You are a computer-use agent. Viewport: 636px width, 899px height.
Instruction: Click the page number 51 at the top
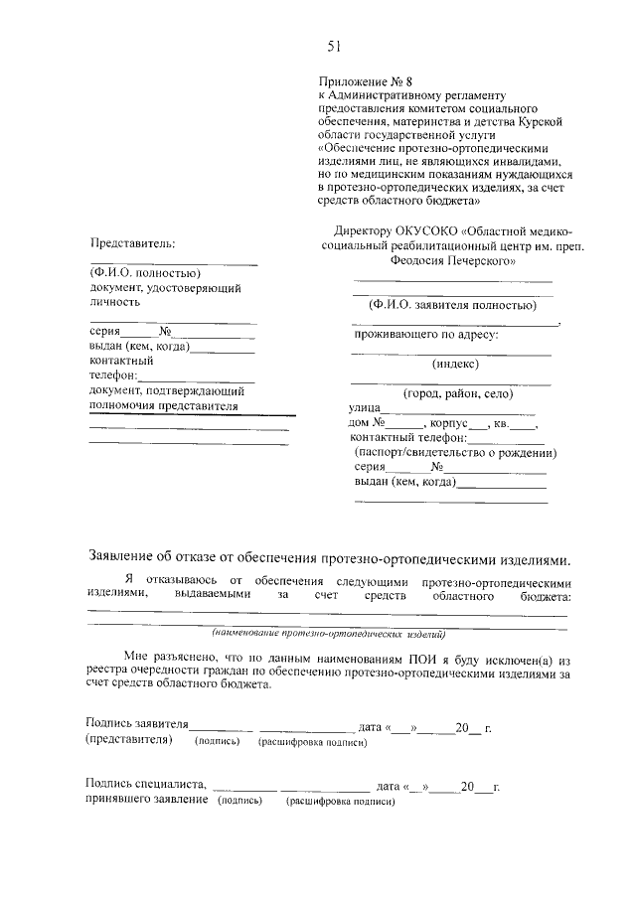[x=334, y=44]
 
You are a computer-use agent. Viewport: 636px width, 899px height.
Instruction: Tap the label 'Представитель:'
[x=132, y=242]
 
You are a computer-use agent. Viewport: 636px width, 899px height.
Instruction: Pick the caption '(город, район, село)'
[x=450, y=392]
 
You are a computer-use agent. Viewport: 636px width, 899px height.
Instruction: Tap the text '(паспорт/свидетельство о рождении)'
[x=455, y=451]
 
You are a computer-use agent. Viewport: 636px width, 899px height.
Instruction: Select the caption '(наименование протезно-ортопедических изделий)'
[x=328, y=633]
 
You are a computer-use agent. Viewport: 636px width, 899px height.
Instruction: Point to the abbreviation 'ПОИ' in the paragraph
[x=420, y=659]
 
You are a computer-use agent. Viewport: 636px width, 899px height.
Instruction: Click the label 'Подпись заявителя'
[x=137, y=727]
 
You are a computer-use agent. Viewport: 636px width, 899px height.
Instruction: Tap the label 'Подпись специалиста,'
[x=146, y=786]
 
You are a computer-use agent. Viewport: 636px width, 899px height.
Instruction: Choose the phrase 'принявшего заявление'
[x=147, y=800]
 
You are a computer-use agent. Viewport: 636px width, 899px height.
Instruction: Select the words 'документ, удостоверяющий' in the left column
[x=165, y=287]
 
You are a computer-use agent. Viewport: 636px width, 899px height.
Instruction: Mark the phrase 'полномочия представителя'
[x=164, y=406]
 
